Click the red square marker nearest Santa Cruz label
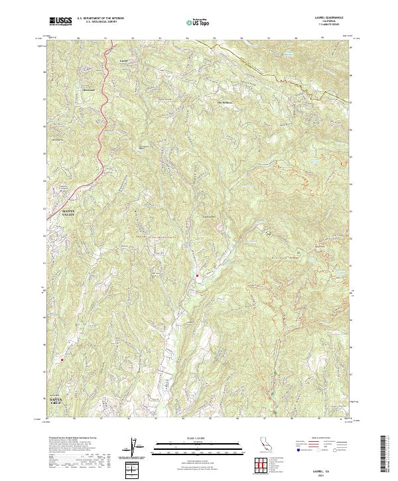[62, 360]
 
